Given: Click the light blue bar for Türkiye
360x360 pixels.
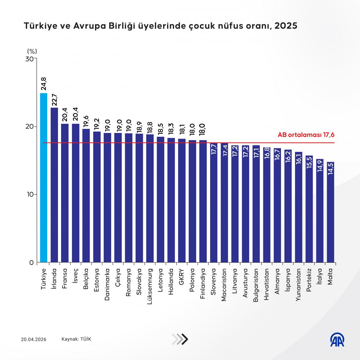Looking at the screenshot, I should [44, 177].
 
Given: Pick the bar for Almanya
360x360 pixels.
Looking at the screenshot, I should [277, 205].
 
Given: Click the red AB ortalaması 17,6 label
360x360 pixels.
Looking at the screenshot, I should [306, 135].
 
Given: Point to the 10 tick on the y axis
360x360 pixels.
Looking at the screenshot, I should [30, 194].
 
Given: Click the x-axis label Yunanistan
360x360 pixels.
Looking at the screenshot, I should [298, 285].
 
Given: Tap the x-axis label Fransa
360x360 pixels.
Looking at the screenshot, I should [65, 277].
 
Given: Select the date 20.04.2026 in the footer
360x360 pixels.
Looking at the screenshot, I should [33, 339].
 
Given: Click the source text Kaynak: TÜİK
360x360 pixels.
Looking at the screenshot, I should [76, 339].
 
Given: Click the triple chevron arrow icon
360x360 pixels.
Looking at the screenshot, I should [180, 339].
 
